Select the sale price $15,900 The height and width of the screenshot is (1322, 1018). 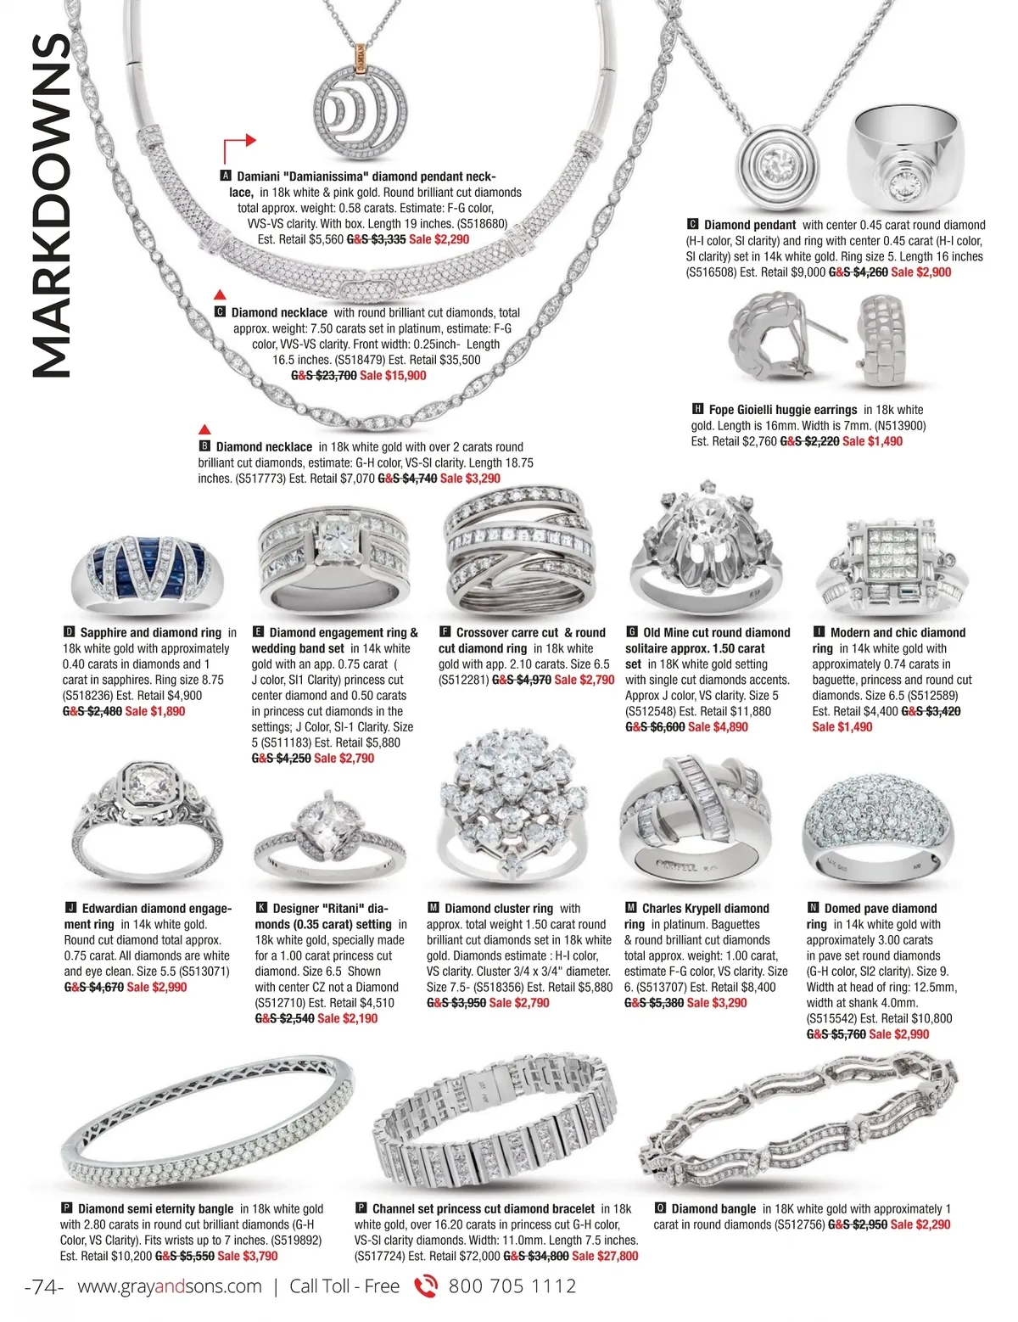tap(393, 376)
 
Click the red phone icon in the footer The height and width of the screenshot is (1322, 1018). tap(425, 1286)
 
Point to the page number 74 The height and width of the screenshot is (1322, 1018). tap(45, 1286)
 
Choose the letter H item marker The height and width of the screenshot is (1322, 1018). tap(698, 409)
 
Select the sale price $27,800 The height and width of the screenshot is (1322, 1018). tap(605, 1256)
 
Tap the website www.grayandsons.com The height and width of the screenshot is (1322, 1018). tap(170, 1286)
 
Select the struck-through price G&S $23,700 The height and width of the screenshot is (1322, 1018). tap(324, 376)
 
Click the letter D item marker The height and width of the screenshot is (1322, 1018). tap(69, 632)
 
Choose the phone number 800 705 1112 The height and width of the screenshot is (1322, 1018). tap(512, 1286)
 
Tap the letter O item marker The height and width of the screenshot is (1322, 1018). tap(660, 1208)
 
